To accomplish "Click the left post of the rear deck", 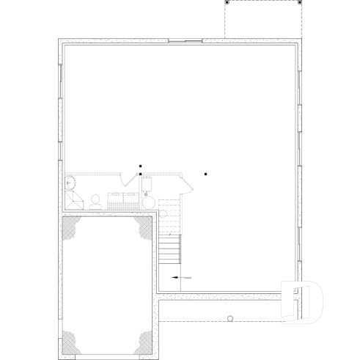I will tap(227, 3).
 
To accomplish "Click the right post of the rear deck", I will tap(301, 3).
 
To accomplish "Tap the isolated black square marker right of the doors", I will tap(206, 175).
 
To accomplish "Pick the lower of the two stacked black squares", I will tap(140, 175).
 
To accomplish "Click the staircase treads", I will tap(169, 249).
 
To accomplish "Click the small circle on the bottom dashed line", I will tap(230, 318).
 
